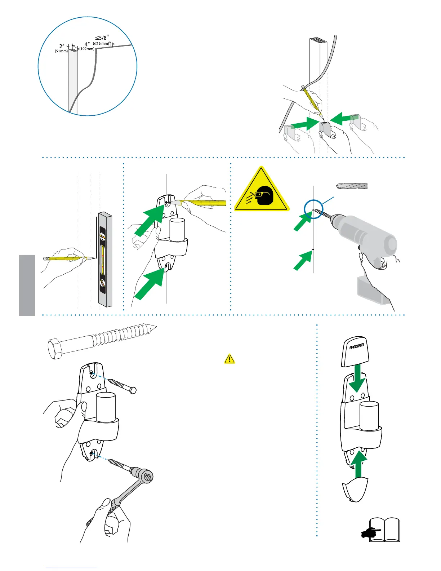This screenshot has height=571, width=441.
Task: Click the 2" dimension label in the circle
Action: (62, 47)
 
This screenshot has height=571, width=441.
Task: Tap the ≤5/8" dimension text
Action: (102, 37)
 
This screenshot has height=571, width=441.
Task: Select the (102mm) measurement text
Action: (86, 49)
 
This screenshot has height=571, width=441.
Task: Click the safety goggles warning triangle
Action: (262, 191)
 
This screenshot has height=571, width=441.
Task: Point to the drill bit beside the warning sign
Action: (351, 186)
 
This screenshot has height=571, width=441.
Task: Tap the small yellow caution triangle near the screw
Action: (230, 359)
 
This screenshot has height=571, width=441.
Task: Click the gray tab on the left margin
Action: (27, 285)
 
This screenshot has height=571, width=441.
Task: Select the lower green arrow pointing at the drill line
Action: (302, 261)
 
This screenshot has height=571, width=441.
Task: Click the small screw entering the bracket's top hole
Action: (122, 386)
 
